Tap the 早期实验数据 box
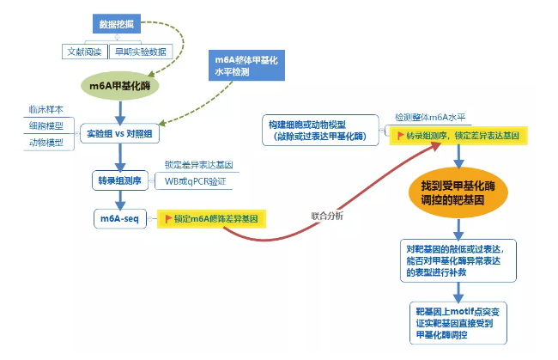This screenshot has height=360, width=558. pos(141,52)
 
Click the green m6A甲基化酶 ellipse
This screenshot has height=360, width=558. pos(121,86)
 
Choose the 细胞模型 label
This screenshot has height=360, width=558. pos(47,126)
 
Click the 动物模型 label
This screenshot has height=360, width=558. pos(47,143)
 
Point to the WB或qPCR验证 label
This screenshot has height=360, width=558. pos(201,181)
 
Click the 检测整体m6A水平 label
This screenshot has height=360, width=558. pos(430,117)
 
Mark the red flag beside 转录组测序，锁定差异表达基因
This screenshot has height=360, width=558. pos(398,137)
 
